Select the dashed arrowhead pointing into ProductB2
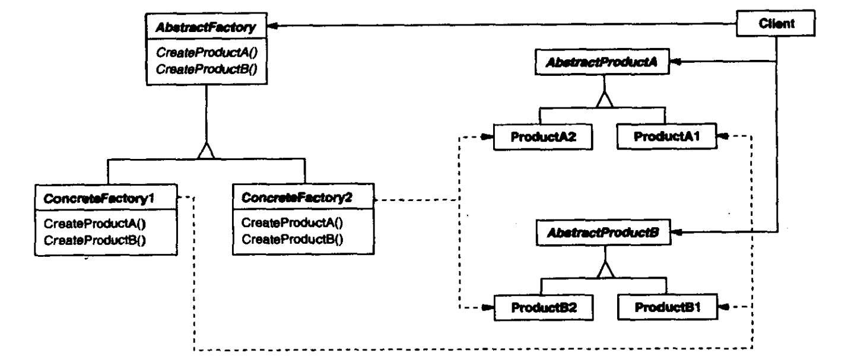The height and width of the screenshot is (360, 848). click(x=486, y=308)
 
